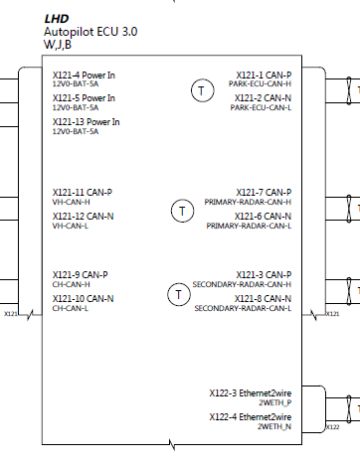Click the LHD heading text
[57, 19]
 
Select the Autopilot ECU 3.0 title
[90, 32]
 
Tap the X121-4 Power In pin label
[84, 75]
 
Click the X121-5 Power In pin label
[84, 98]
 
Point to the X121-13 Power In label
[86, 122]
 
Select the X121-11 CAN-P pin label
[82, 192]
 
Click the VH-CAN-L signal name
[71, 226]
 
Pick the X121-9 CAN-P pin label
[80, 274]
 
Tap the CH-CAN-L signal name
[70, 308]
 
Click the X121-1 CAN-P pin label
[264, 75]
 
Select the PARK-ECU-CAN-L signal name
[261, 107]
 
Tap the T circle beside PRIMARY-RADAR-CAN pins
[182, 210]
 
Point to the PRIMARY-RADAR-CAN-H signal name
[248, 202]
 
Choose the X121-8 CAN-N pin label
[263, 298]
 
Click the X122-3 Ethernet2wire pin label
[250, 392]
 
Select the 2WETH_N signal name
[274, 426]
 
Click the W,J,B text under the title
[57, 45]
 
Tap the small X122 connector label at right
[333, 426]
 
